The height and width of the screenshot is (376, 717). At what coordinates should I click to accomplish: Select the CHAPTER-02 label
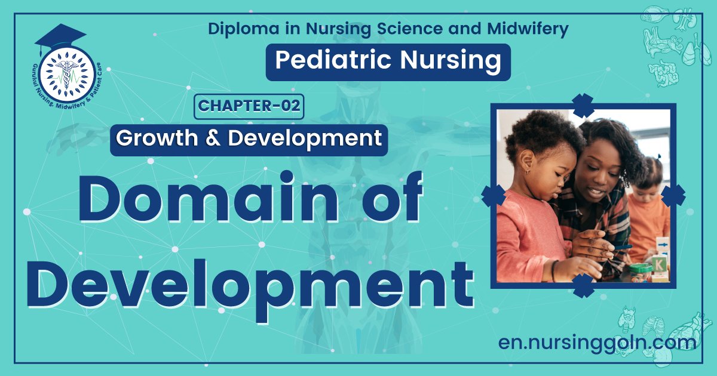point(249,106)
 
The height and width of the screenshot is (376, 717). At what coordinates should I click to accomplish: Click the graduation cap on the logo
point(60,37)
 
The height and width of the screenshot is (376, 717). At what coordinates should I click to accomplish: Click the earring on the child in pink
point(527,172)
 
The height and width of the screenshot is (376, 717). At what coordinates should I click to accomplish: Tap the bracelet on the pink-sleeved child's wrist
point(554,270)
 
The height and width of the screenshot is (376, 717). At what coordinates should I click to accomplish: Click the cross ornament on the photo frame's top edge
point(583,106)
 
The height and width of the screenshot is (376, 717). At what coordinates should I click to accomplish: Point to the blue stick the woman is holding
point(621,246)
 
